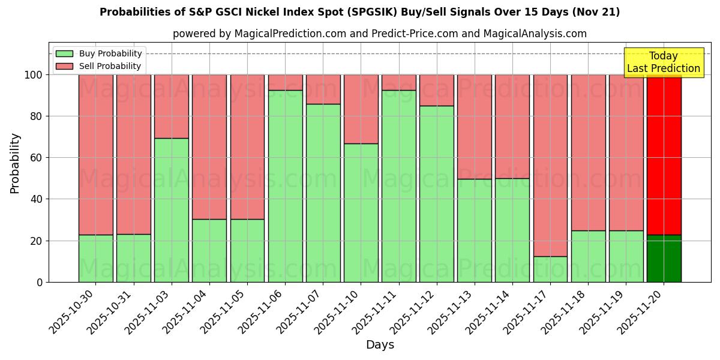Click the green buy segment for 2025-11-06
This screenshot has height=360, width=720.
(285, 186)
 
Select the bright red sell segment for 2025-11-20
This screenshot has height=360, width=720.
(664, 155)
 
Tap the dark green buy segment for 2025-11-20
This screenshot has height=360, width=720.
(664, 259)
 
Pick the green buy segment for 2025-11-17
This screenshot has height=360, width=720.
(550, 269)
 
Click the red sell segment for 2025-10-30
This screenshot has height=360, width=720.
(95, 155)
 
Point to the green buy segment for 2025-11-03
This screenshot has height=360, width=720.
(172, 210)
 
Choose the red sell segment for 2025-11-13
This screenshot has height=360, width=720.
(474, 127)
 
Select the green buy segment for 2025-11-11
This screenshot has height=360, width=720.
(398, 186)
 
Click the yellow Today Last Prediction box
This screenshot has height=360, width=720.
(663, 62)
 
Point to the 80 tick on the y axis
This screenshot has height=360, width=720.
(37, 116)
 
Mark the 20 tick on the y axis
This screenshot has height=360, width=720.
(37, 241)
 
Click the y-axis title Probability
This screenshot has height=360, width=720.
(16, 163)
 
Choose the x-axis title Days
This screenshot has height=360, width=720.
(380, 345)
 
